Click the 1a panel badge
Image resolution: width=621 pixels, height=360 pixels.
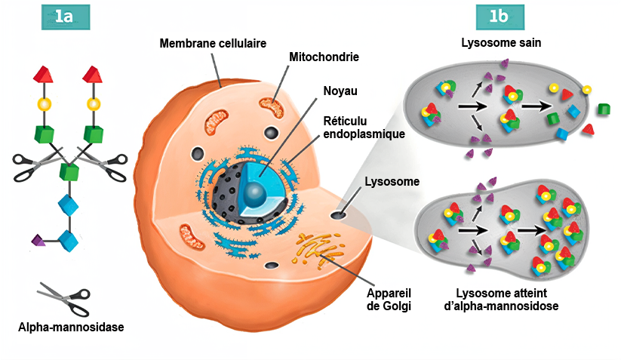[x=65, y=17]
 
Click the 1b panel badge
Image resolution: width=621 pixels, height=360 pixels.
[x=500, y=17]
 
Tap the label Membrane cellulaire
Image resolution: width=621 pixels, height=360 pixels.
[x=213, y=43]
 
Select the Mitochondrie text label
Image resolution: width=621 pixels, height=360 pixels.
[x=324, y=57]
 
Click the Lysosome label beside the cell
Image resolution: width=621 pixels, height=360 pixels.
[x=392, y=181]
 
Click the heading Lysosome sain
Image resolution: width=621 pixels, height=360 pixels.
[x=502, y=43]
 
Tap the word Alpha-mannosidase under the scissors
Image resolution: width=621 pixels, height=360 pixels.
[x=71, y=327]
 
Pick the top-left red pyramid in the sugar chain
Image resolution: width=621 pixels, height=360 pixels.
[x=44, y=74]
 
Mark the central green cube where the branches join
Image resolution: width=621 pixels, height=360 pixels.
[x=69, y=171]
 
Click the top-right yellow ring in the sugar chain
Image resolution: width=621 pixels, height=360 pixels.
[x=94, y=103]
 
